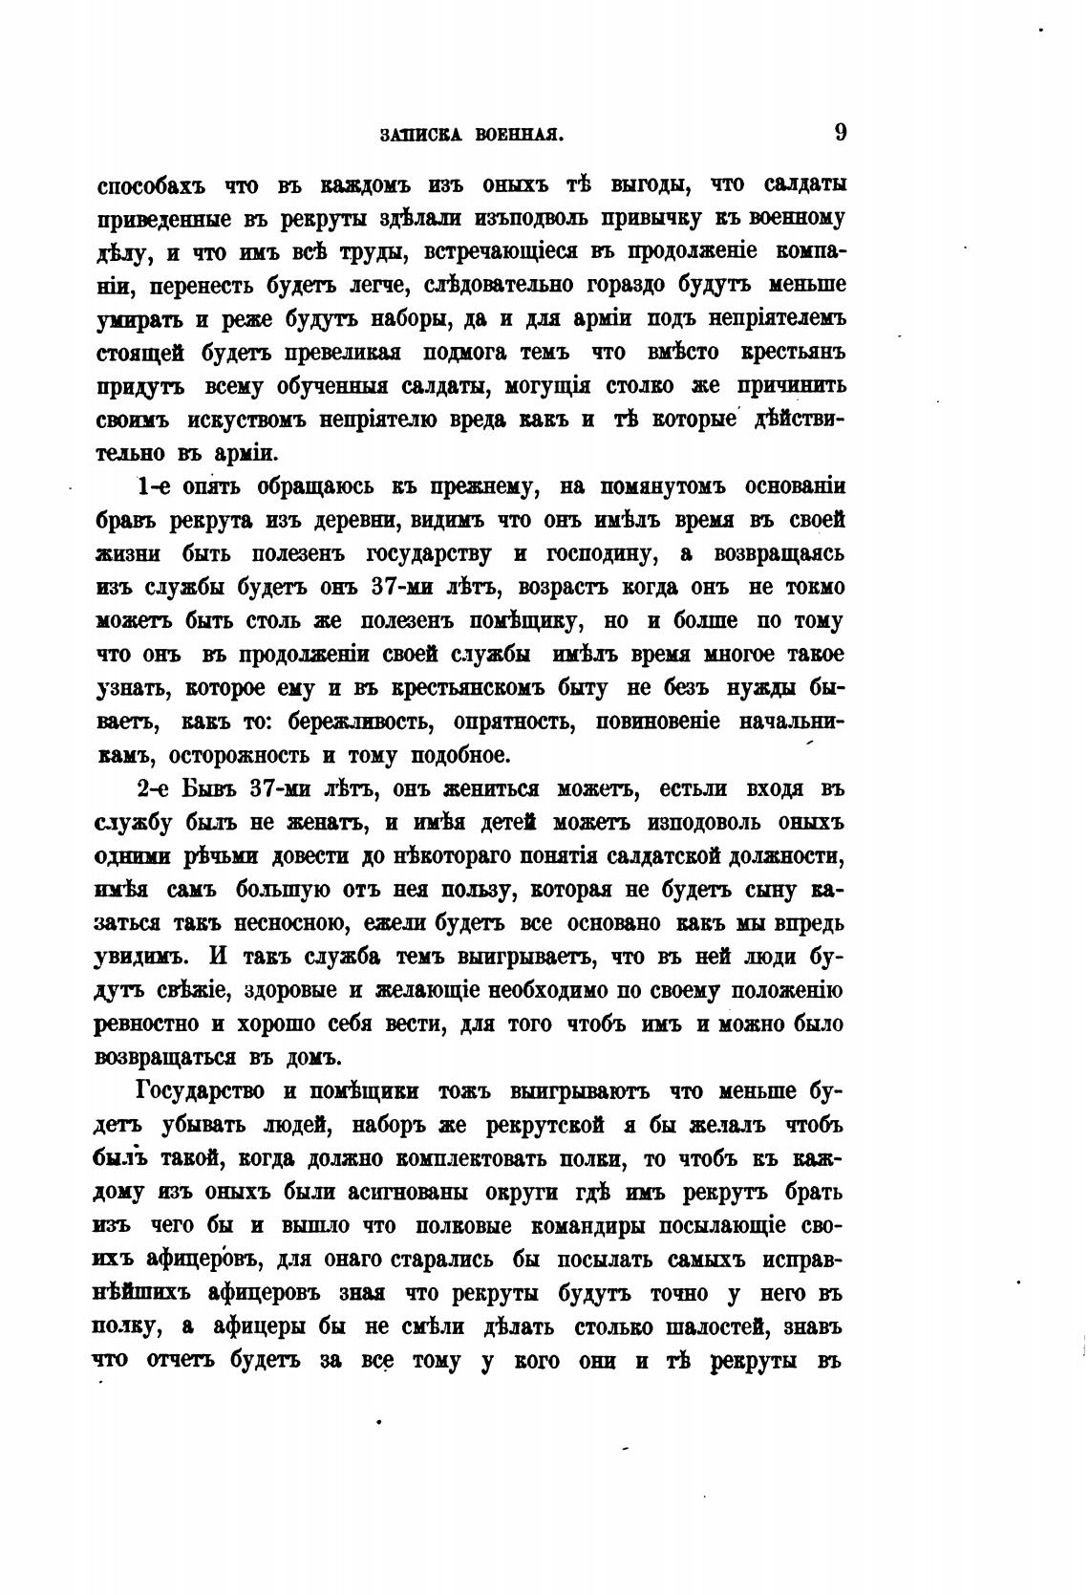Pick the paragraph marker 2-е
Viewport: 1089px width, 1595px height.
click(x=155, y=790)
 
